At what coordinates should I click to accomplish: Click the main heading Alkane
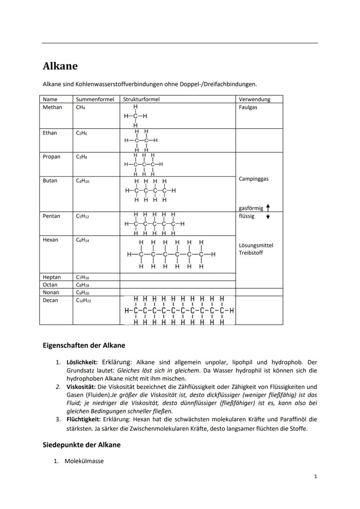(60, 66)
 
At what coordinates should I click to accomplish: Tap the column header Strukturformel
(141, 99)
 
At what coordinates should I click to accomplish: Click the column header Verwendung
(254, 99)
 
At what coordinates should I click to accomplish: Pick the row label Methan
(53, 107)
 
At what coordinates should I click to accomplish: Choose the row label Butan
(50, 180)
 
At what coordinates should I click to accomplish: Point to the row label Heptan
(52, 277)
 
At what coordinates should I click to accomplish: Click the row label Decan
(50, 300)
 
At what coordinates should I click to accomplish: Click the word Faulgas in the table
(248, 107)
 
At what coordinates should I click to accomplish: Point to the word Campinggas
(253, 179)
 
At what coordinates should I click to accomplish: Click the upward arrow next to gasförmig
(268, 208)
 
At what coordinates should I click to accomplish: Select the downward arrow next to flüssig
(268, 216)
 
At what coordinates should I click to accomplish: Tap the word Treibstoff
(250, 253)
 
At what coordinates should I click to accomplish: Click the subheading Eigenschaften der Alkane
(84, 346)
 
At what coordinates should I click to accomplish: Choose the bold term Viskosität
(81, 386)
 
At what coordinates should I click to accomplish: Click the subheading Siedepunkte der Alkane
(81, 445)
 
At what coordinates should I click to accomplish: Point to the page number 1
(316, 476)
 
